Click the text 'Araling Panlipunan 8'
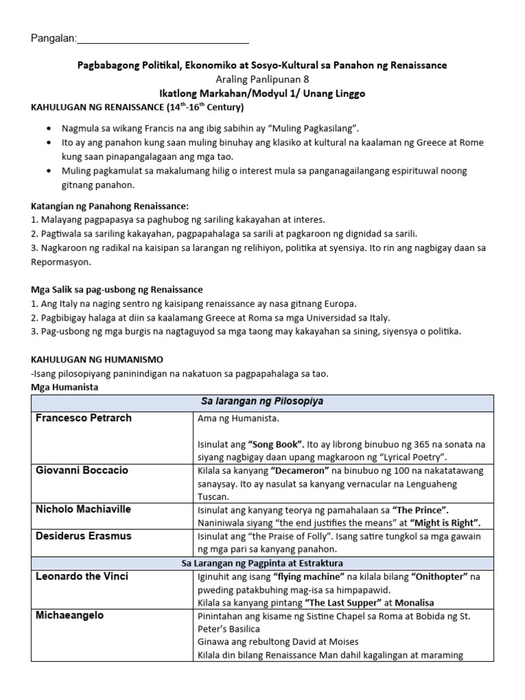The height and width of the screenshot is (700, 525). [x=262, y=79]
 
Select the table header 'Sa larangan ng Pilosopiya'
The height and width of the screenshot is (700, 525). [x=262, y=401]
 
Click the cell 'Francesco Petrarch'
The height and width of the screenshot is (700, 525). [x=84, y=418]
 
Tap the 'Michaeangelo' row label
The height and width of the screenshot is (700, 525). [x=70, y=615]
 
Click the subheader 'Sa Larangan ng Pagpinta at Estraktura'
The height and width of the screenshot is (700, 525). [x=262, y=563]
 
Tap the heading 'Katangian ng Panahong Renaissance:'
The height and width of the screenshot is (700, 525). [x=110, y=206]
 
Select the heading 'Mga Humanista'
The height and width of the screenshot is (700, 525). [x=64, y=387]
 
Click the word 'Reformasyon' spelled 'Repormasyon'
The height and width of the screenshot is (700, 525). [x=61, y=262]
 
